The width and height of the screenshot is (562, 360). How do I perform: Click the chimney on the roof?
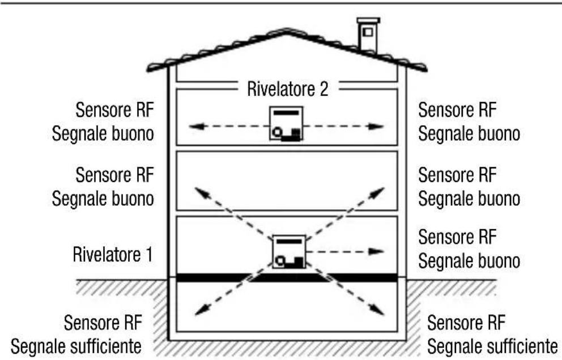(x=368, y=36)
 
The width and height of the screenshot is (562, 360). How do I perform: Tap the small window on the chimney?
(x=368, y=32)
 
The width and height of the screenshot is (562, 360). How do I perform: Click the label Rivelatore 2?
(x=287, y=89)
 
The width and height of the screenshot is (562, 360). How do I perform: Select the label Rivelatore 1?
(x=112, y=253)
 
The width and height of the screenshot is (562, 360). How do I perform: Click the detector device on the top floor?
(x=286, y=123)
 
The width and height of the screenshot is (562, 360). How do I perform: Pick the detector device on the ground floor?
(x=289, y=251)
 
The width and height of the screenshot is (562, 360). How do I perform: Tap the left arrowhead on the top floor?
(x=195, y=126)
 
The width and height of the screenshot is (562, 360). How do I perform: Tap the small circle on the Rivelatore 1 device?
(x=280, y=261)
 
